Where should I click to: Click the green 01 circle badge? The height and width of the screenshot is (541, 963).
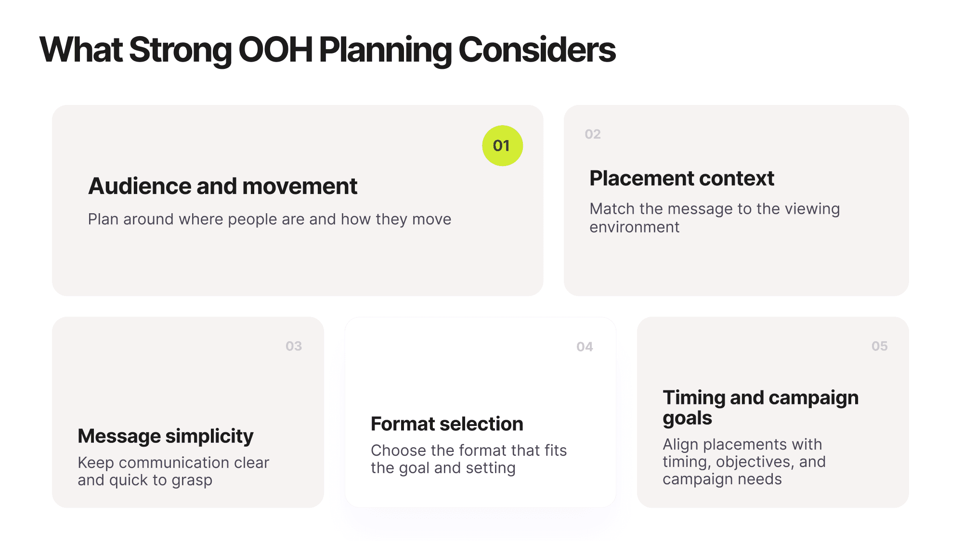click(502, 146)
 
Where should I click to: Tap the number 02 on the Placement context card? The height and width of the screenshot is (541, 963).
click(592, 134)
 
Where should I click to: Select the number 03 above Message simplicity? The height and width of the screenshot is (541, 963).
click(294, 346)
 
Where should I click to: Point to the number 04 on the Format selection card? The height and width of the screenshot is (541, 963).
click(585, 347)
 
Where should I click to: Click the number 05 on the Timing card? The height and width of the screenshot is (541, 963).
click(879, 346)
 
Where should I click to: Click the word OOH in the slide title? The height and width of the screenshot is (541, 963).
click(275, 50)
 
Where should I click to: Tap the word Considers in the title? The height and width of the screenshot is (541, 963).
click(537, 50)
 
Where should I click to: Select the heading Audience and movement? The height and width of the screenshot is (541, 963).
click(222, 186)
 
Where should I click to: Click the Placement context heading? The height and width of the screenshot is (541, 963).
click(681, 179)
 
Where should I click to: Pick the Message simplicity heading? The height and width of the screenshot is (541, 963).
click(165, 436)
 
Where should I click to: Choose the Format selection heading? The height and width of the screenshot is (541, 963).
click(447, 424)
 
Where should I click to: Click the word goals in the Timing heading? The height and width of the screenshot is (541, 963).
click(687, 418)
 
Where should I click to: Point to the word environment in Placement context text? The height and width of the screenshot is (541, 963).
click(634, 227)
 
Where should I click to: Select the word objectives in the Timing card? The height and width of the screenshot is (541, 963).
click(755, 462)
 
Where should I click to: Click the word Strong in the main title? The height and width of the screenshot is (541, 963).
click(181, 50)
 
